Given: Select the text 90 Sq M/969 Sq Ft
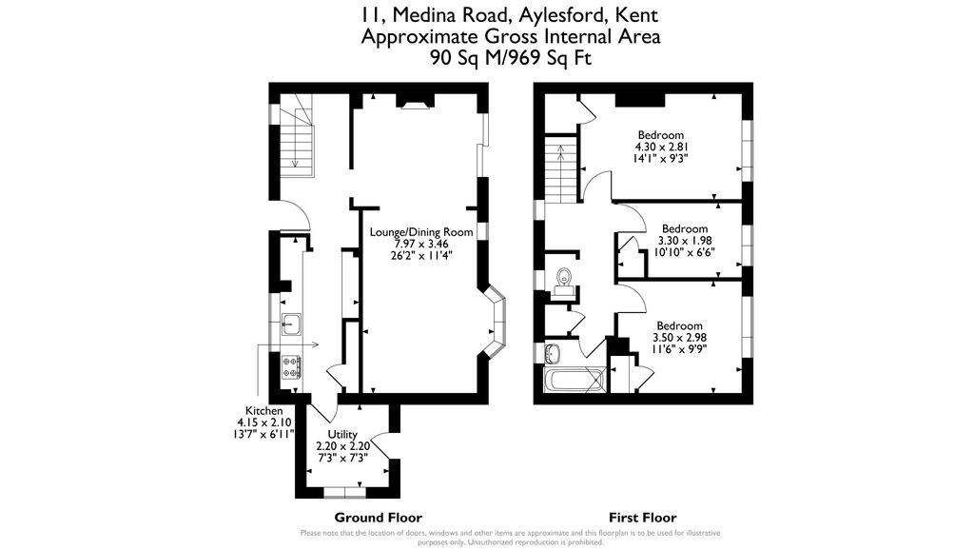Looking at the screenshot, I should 509,57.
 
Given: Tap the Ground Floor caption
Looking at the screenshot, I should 378,518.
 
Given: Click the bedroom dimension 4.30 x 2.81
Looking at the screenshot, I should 660,147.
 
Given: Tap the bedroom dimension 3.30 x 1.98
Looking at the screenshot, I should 685,241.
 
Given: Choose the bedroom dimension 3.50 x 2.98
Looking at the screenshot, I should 679,337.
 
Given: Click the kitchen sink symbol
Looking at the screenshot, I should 291,324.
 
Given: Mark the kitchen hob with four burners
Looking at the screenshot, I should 292,366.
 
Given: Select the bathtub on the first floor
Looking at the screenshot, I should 574,381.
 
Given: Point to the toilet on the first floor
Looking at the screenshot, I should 563,279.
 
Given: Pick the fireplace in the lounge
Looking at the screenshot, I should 414,101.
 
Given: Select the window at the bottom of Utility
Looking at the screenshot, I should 340,493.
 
